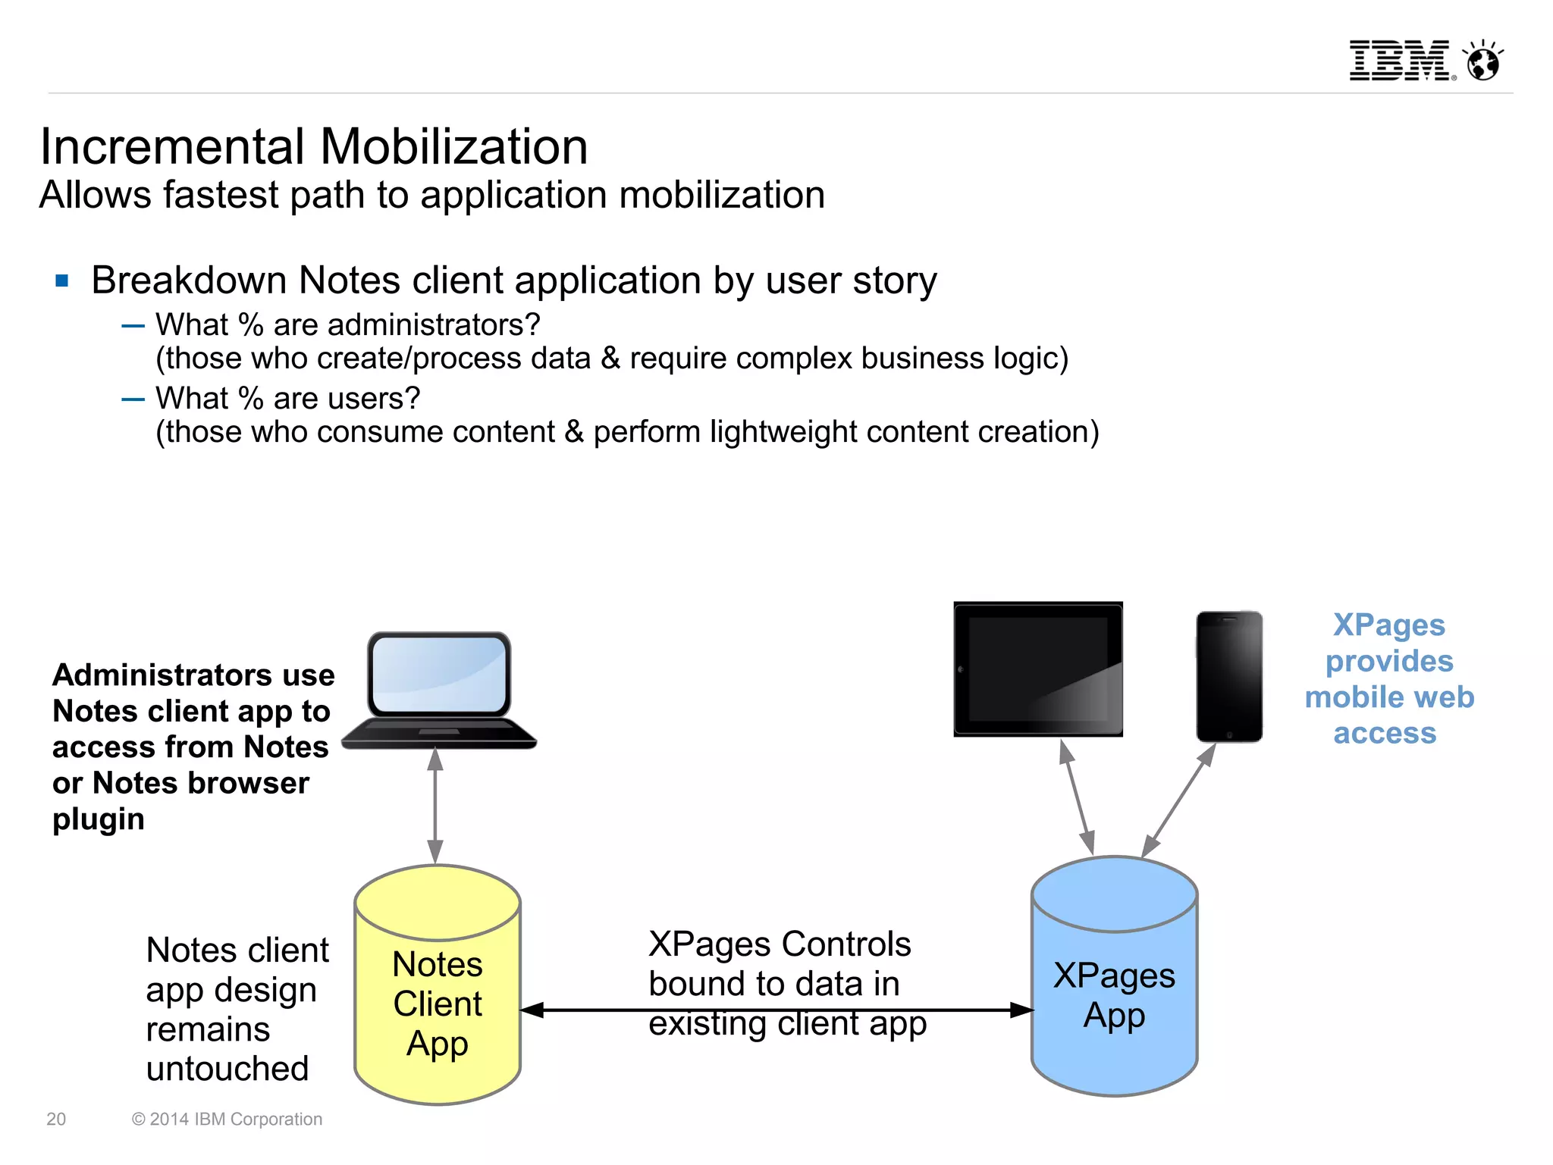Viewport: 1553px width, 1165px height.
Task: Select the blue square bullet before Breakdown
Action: point(62,281)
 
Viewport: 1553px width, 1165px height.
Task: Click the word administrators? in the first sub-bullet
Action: point(406,325)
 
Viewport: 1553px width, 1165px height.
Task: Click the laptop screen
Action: point(439,674)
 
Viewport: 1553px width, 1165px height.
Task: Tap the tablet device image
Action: point(1037,669)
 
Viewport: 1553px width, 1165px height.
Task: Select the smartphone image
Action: point(1228,676)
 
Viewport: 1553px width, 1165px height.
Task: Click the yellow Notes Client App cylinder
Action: point(438,1001)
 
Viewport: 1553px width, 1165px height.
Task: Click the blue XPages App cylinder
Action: point(1114,993)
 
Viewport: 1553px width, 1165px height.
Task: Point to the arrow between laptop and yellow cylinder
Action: point(435,805)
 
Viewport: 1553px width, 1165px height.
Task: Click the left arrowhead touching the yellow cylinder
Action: point(533,1010)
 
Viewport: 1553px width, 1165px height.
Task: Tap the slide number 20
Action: point(56,1119)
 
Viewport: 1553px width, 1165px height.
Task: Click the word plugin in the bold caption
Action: point(99,819)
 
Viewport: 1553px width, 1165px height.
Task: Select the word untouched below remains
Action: point(227,1069)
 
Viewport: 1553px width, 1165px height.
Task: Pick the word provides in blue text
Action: point(1389,661)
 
